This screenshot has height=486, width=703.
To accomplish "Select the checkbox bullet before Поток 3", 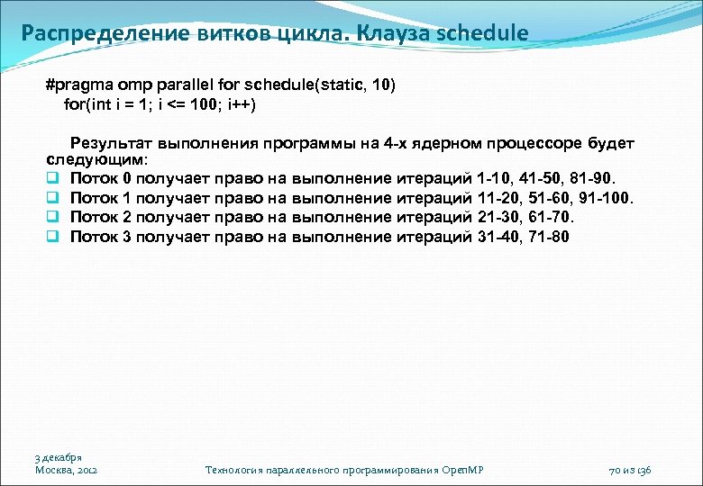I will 53,237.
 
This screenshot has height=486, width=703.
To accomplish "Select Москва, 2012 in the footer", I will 67,470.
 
